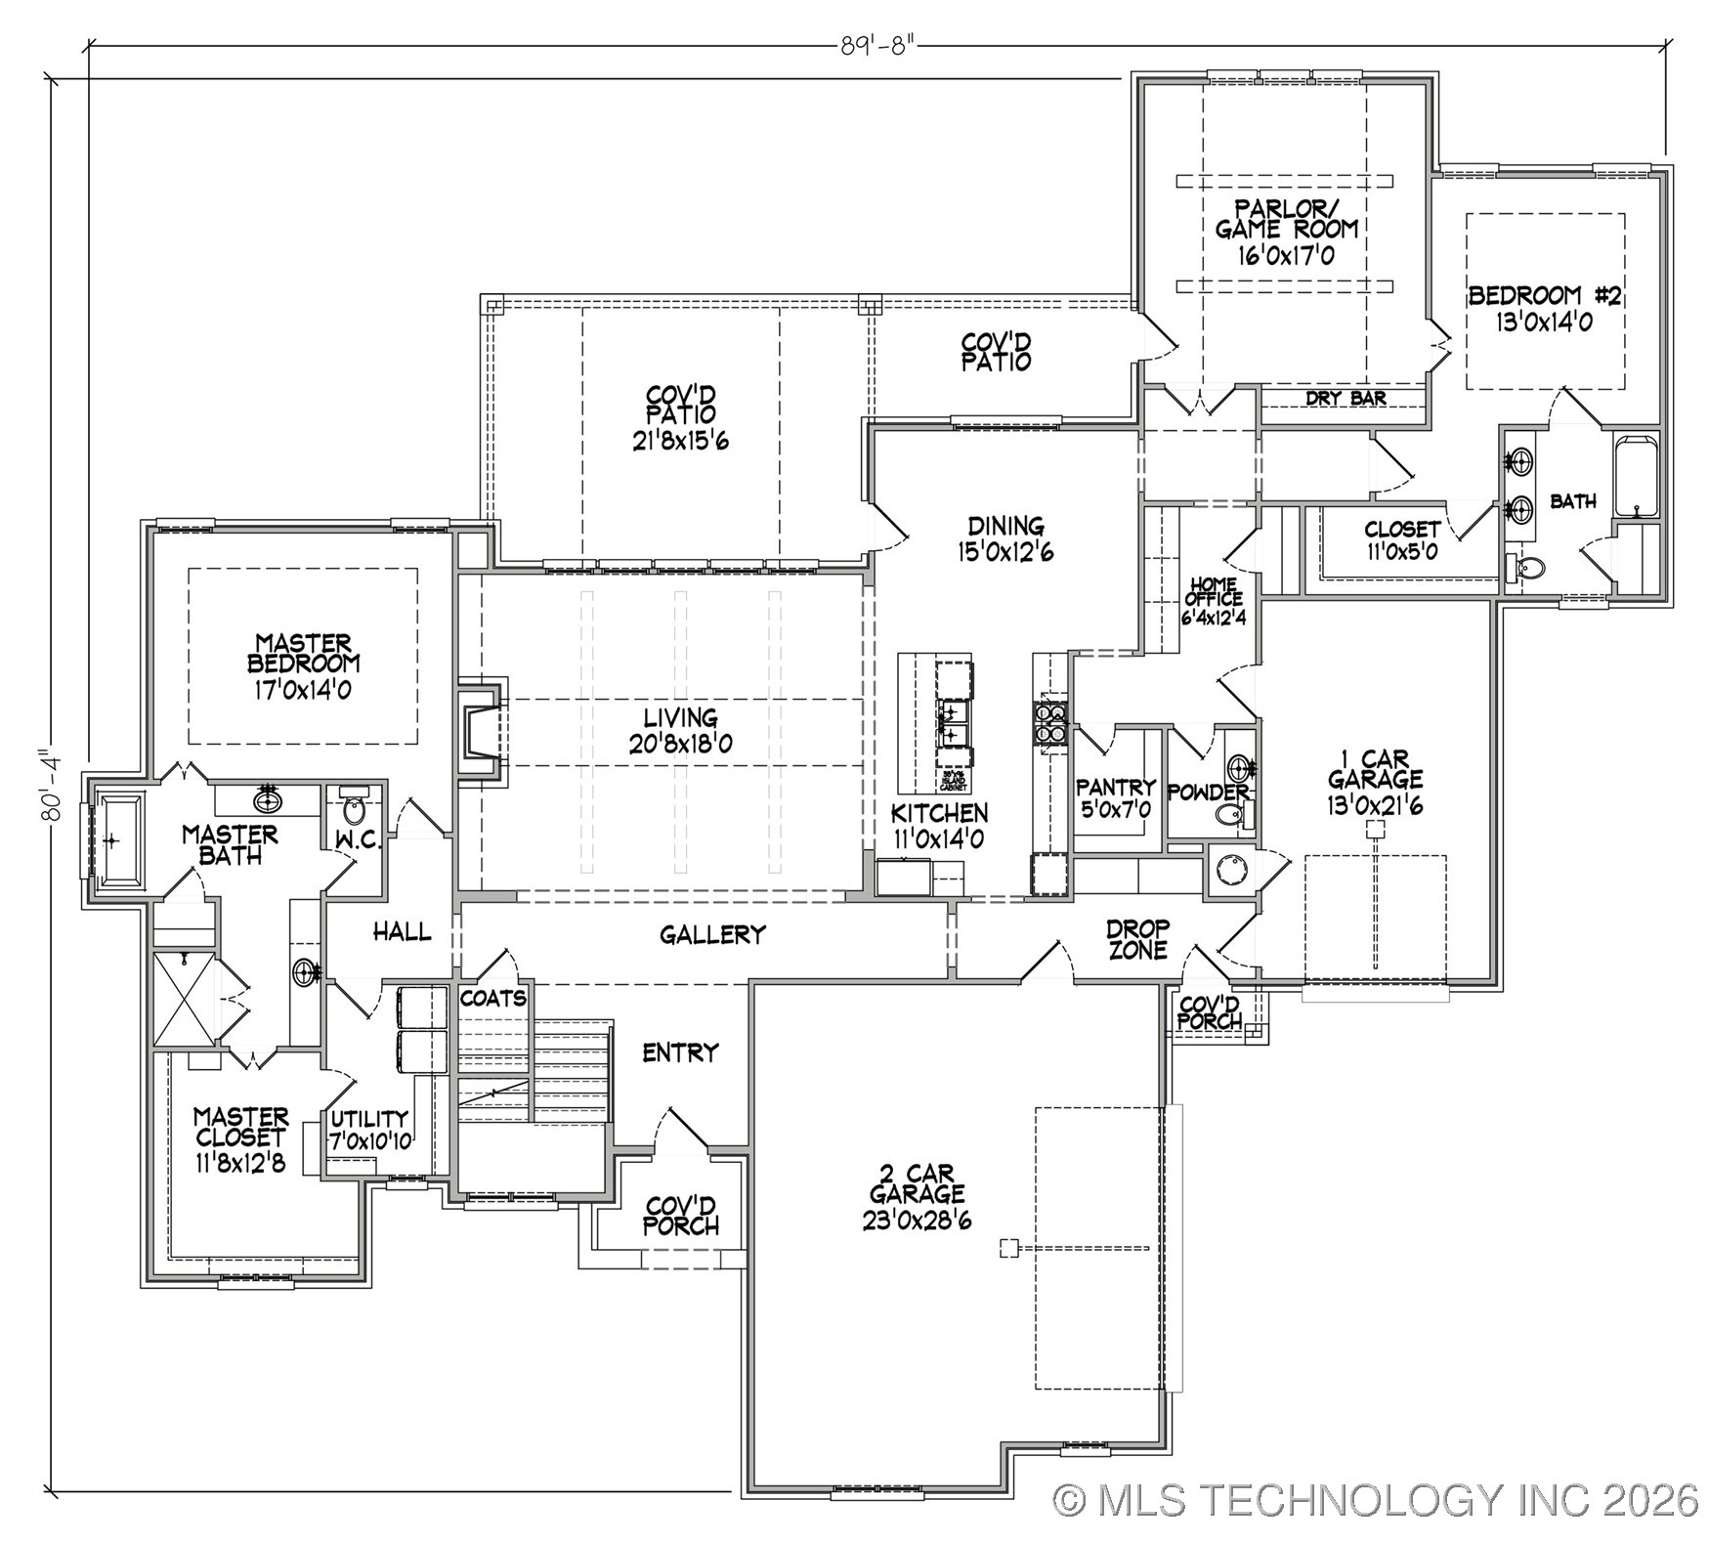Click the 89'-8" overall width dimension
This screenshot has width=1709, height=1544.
click(x=879, y=45)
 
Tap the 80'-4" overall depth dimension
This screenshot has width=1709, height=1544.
click(x=49, y=785)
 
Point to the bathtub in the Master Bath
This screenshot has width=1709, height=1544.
click(x=116, y=839)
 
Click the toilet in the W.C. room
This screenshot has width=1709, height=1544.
click(x=354, y=809)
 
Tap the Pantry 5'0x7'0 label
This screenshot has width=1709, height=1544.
click(x=1115, y=797)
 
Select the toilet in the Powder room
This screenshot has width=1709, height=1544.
click(x=1229, y=815)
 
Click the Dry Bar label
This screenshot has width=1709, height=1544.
click(x=1346, y=399)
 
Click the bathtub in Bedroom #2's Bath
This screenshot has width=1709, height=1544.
click(x=1635, y=476)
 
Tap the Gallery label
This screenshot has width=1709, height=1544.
click(x=711, y=935)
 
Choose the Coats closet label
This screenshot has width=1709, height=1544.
click(x=492, y=998)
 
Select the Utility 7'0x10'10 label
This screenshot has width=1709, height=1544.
click(x=368, y=1129)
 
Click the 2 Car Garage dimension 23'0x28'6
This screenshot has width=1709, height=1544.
click(x=917, y=1221)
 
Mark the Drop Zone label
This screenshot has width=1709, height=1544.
click(x=1137, y=938)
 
